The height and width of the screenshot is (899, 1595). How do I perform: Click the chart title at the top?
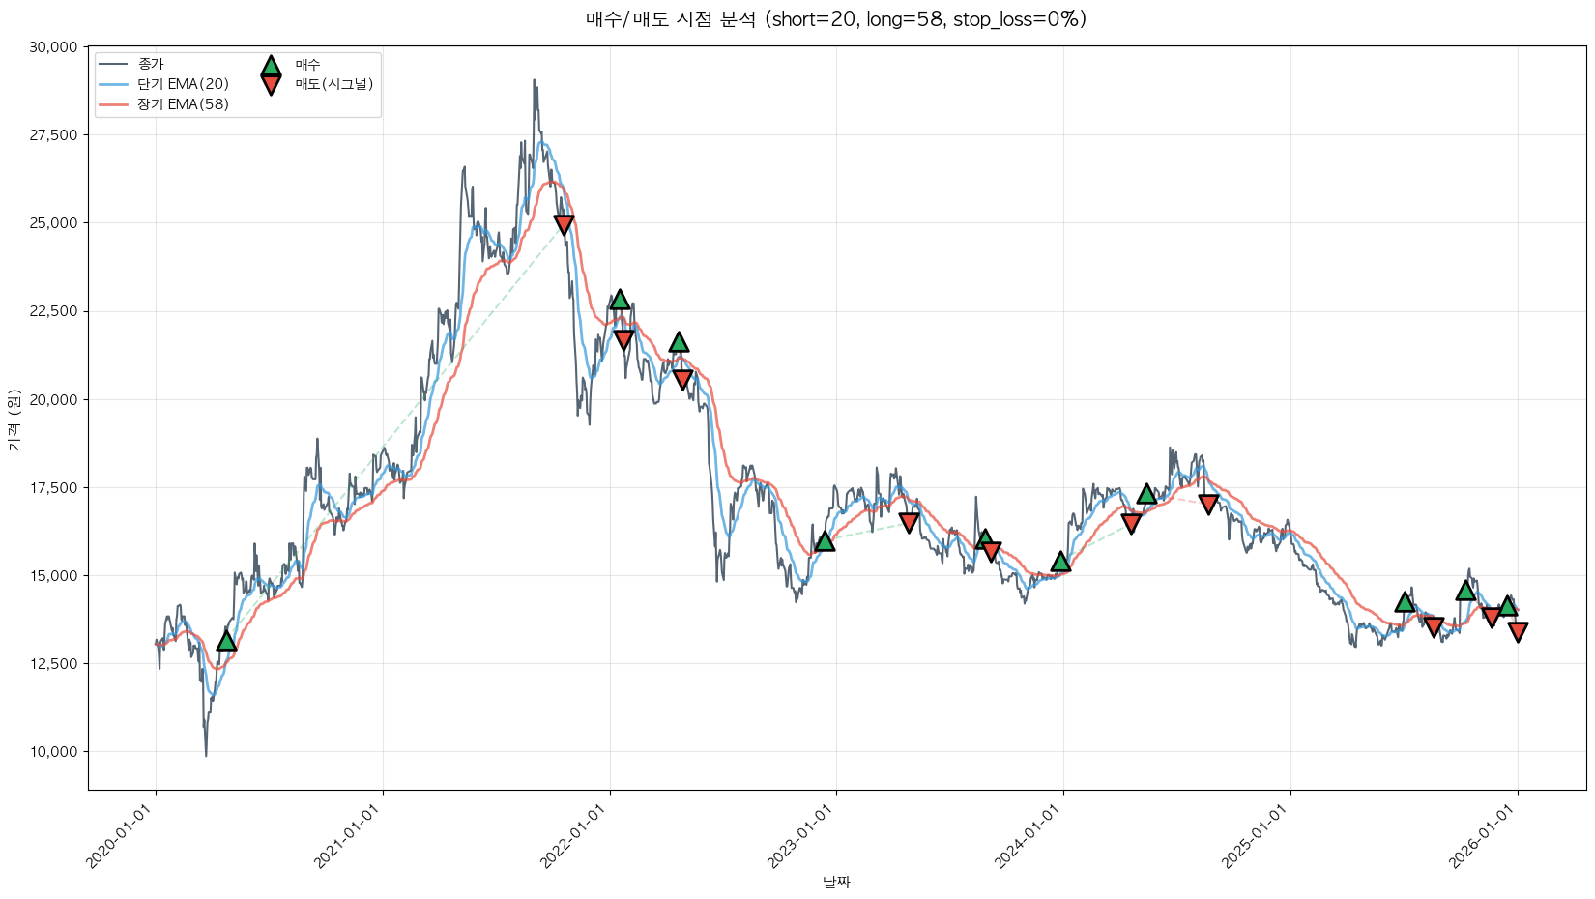[x=836, y=19]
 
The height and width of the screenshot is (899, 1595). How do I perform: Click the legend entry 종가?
[x=151, y=64]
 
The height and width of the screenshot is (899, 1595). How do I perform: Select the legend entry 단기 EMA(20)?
[x=183, y=84]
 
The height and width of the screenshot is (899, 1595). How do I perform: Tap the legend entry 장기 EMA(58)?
[x=183, y=104]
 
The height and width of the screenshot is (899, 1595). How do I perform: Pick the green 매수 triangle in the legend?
[x=271, y=66]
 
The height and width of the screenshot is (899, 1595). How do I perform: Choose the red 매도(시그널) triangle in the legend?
[x=271, y=85]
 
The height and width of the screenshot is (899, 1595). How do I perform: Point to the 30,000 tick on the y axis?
[x=52, y=47]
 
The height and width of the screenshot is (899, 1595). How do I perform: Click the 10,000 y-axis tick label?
[x=52, y=752]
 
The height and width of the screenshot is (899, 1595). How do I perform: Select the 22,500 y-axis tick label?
[x=52, y=311]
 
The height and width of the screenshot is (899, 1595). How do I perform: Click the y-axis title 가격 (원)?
[x=14, y=420]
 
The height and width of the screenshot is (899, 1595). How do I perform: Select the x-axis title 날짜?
[x=836, y=882]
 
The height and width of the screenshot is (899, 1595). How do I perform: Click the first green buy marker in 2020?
[x=226, y=640]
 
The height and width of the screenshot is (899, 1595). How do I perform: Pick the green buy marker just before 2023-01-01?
[x=825, y=540]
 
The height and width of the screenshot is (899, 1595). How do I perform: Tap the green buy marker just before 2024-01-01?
[x=1060, y=561]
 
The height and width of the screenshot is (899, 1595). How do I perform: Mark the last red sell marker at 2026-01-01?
[x=1518, y=632]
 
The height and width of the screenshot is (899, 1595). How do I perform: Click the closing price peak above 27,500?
[x=534, y=81]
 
